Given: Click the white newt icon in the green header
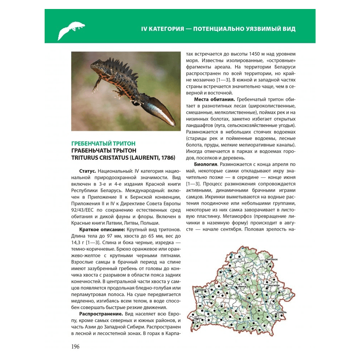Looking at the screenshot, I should (x=71, y=30).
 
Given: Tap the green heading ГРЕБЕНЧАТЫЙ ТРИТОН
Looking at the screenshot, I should (x=103, y=143).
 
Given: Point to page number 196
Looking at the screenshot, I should (x=75, y=347).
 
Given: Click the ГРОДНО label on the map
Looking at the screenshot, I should (x=202, y=290).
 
